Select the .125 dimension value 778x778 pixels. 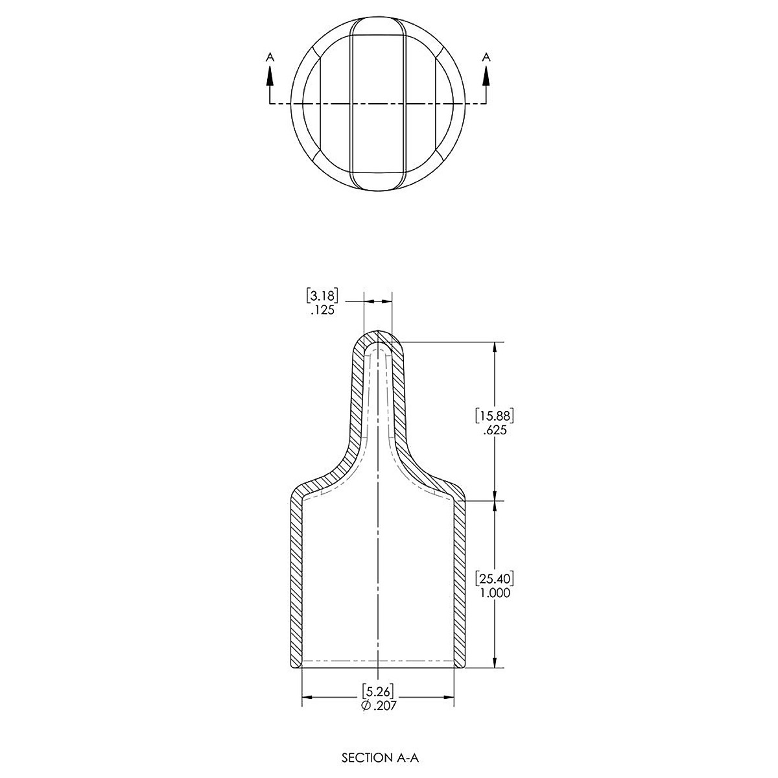tap(323, 310)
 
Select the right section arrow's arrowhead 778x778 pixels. tap(486, 76)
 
